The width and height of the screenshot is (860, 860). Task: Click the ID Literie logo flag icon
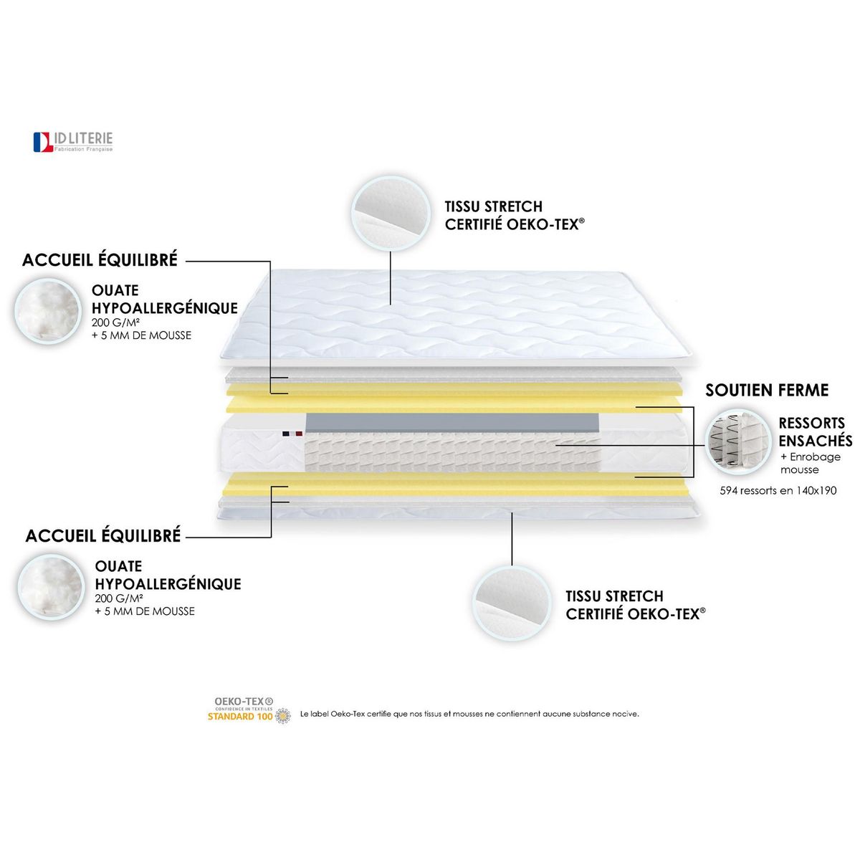coord(43,142)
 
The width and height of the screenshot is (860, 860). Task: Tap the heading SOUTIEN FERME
coord(767,391)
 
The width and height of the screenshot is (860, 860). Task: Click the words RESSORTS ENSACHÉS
coord(815,431)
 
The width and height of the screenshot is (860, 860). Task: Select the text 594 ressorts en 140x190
coord(778,491)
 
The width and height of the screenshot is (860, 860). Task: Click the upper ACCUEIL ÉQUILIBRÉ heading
coord(100,260)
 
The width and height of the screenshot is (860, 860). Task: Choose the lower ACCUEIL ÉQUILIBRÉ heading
coord(103,536)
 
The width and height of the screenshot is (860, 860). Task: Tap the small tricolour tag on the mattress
coord(292,434)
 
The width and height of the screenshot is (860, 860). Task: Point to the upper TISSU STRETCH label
coord(494,206)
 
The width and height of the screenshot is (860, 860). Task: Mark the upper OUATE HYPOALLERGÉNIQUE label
coord(164,300)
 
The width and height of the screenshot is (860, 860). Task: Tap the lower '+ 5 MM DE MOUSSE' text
coord(145,611)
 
